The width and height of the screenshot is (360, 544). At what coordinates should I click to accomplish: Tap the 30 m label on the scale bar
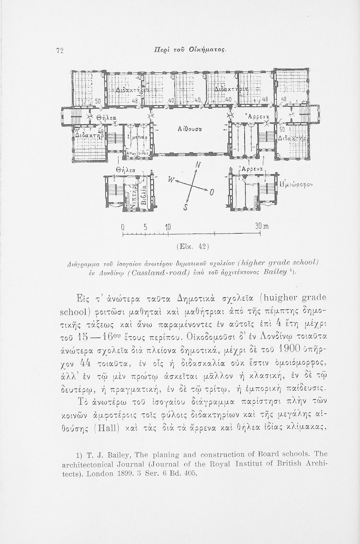[x=261, y=227]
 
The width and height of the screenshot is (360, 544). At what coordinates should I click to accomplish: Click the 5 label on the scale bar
[x=144, y=227]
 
